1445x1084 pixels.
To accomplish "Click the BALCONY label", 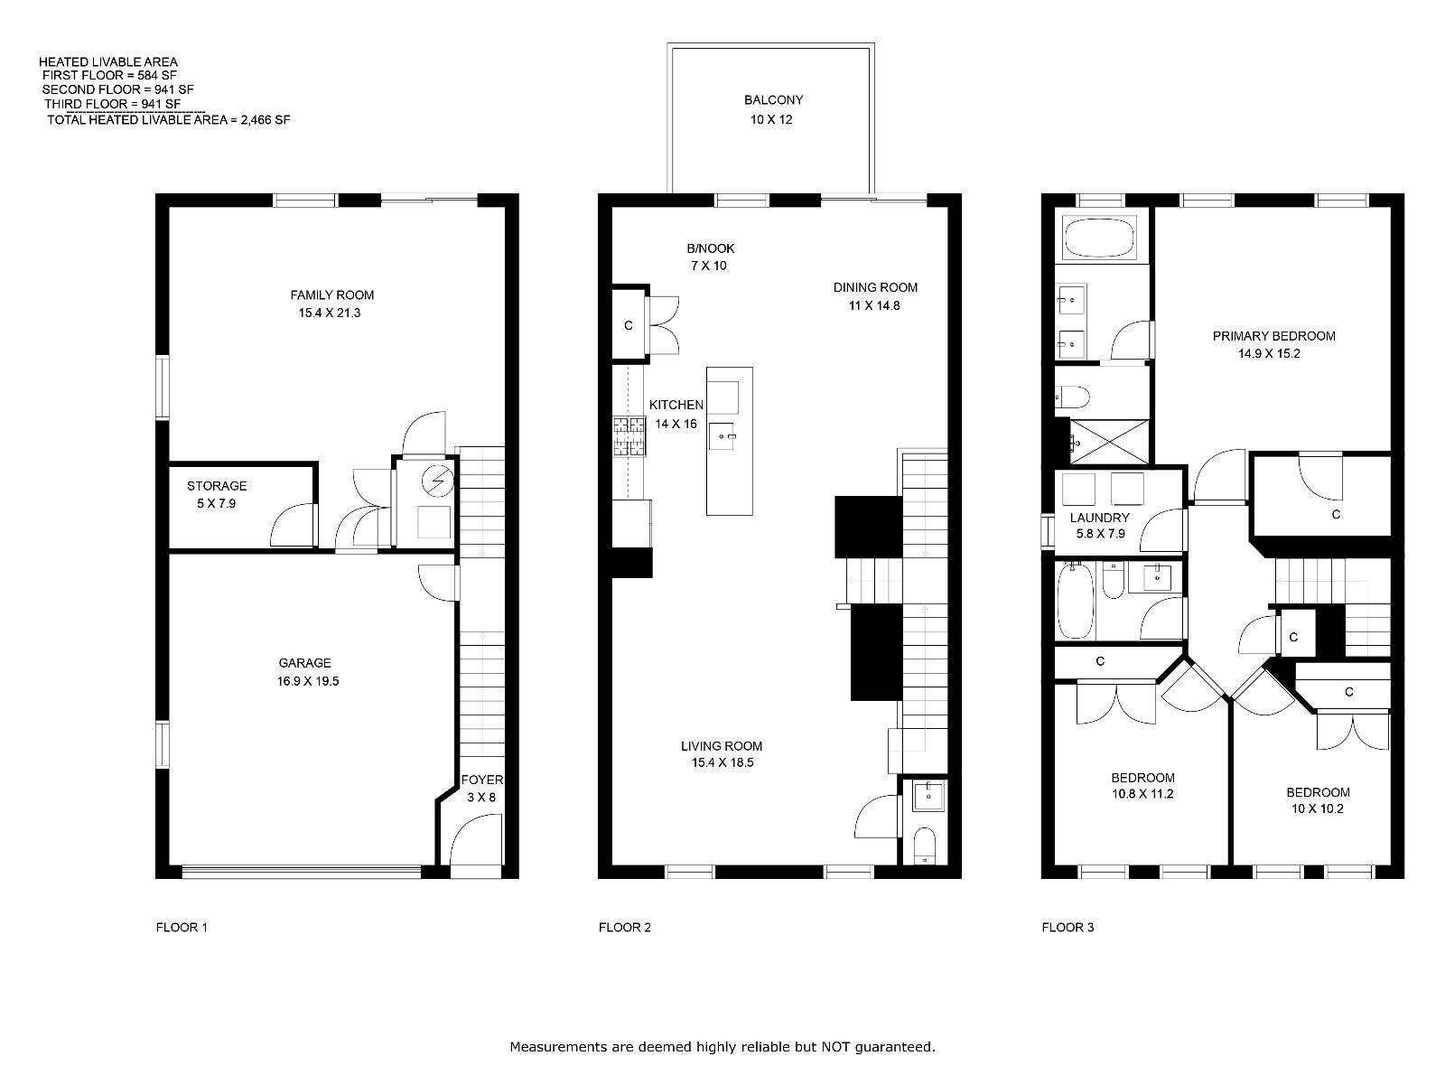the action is pyautogui.click(x=773, y=100).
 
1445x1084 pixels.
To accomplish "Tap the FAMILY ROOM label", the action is pyautogui.click(x=331, y=295).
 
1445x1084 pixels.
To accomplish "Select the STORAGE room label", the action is pyautogui.click(x=217, y=486).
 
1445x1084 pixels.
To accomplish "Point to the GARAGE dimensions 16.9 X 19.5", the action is pyautogui.click(x=307, y=681).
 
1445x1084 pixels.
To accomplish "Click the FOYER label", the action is pyautogui.click(x=482, y=780).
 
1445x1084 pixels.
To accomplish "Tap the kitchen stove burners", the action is pyautogui.click(x=629, y=437).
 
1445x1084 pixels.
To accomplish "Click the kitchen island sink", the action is pyautogui.click(x=721, y=436).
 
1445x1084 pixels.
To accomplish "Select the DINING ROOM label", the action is pyautogui.click(x=875, y=287).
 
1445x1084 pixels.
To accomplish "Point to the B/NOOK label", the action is pyautogui.click(x=711, y=248).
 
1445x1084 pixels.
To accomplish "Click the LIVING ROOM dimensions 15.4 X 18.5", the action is pyautogui.click(x=722, y=762).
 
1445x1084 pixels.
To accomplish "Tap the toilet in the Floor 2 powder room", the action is pyautogui.click(x=925, y=846).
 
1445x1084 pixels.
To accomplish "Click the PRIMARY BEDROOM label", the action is pyautogui.click(x=1273, y=336).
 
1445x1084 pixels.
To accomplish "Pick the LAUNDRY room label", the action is pyautogui.click(x=1099, y=518).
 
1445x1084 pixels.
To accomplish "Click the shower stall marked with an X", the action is pyautogui.click(x=1109, y=442).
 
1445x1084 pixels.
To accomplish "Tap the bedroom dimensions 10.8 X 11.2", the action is pyautogui.click(x=1142, y=794).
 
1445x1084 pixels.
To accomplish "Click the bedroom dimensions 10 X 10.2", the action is pyautogui.click(x=1318, y=808).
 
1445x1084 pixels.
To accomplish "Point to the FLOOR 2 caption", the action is pyautogui.click(x=625, y=928).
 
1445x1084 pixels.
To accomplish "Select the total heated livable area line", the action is pyautogui.click(x=169, y=120).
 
